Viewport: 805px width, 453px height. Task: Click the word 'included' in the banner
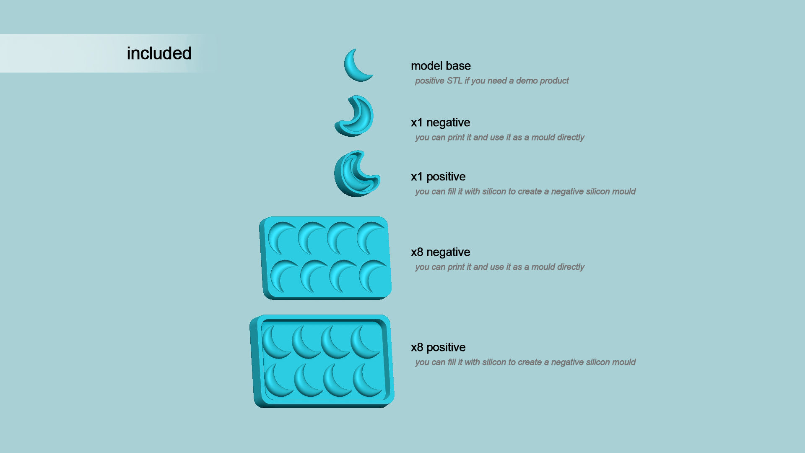click(x=159, y=54)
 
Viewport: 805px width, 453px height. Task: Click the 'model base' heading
click(x=441, y=66)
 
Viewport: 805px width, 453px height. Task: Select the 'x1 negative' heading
click(x=440, y=122)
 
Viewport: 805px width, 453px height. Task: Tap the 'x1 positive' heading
click(x=438, y=177)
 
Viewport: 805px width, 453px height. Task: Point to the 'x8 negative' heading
click(x=440, y=252)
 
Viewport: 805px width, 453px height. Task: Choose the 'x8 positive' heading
click(x=438, y=347)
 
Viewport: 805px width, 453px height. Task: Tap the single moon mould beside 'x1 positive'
click(x=352, y=176)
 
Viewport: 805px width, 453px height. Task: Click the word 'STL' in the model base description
click(x=454, y=81)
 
